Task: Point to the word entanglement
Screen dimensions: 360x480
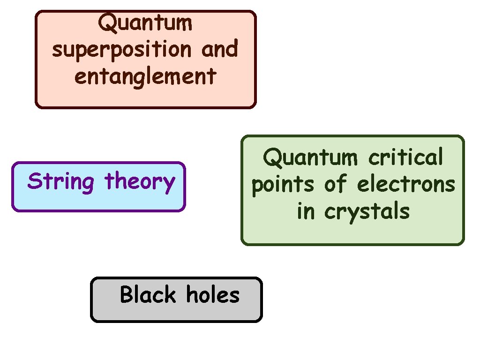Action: point(145,76)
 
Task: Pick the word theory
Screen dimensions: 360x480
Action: point(140,181)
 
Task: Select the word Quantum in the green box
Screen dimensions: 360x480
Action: point(310,157)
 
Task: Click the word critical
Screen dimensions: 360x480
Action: point(405,157)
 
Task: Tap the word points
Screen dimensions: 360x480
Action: point(283,185)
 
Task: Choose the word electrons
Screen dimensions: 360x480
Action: point(406,184)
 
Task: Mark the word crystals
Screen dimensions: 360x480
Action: point(367,212)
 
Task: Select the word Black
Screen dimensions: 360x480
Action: point(148,295)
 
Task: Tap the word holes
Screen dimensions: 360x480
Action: point(213,295)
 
